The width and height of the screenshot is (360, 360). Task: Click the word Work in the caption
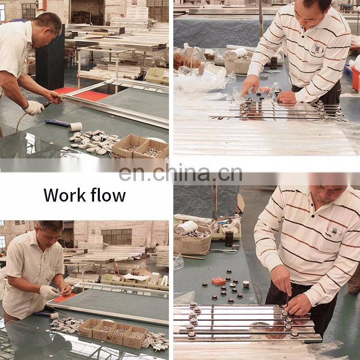64,195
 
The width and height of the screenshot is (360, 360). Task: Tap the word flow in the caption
108,195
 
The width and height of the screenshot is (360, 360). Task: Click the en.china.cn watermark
180,174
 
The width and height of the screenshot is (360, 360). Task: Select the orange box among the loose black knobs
218,281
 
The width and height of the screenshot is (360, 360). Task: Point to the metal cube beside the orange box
246,284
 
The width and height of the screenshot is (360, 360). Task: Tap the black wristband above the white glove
26,105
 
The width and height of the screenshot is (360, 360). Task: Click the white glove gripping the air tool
34,108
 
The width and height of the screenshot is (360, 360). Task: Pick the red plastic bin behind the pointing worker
356,78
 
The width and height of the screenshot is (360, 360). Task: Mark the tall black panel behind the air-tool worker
50,58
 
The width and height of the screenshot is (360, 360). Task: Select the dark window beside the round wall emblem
117,237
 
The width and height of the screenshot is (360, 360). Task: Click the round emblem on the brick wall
93,231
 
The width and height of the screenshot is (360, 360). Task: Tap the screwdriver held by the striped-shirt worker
287,299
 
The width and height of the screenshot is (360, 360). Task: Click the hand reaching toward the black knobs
250,85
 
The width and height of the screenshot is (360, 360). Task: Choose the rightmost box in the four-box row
135,337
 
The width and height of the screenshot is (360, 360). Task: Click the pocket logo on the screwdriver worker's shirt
334,232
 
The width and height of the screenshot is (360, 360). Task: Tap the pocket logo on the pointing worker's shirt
317,49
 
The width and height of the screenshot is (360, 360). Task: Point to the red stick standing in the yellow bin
117,269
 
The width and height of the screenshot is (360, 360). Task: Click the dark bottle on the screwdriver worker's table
229,239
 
